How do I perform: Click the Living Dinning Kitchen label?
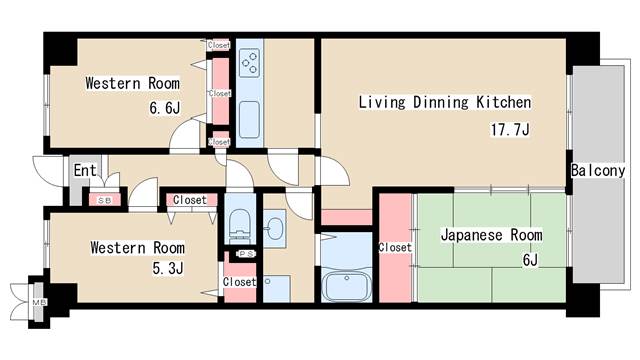(x=445, y=102)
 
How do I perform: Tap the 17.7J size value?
(x=510, y=130)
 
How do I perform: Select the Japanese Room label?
(x=491, y=236)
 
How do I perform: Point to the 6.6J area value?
(x=164, y=108)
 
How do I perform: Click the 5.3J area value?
(x=168, y=268)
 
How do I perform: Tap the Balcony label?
(x=598, y=170)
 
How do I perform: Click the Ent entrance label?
(x=85, y=170)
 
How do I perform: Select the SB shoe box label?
(x=105, y=200)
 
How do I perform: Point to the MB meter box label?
(x=39, y=302)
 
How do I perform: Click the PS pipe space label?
(x=246, y=254)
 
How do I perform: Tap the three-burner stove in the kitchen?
(x=249, y=63)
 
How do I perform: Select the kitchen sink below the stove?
(x=249, y=120)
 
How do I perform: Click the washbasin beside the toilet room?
(x=274, y=229)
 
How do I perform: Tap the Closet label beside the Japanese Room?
(x=395, y=247)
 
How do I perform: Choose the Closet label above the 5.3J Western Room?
(x=190, y=200)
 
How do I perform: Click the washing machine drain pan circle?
(x=267, y=281)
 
